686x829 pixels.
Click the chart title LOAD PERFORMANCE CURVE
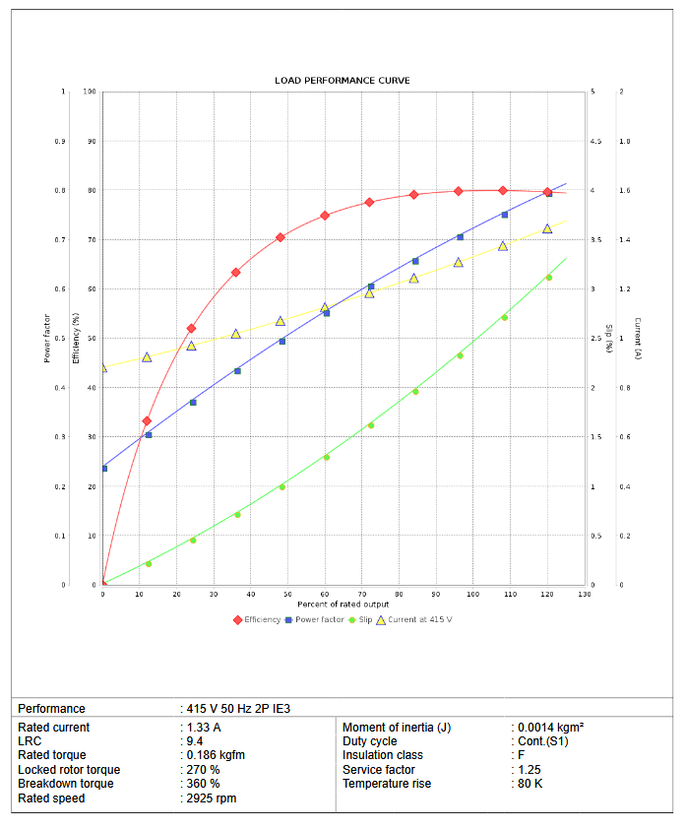(343, 80)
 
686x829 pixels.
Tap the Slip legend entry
(364, 619)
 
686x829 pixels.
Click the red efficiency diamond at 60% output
(325, 215)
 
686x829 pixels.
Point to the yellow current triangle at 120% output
(547, 228)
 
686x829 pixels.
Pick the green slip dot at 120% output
(548, 277)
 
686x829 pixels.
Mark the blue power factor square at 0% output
(104, 468)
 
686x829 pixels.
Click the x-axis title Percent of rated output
(343, 603)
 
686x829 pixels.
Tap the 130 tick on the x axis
(585, 594)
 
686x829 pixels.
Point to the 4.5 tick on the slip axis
(595, 141)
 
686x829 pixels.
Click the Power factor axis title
(46, 338)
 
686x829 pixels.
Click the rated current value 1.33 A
(204, 728)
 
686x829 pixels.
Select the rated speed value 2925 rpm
(211, 798)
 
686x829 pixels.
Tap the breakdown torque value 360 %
(203, 784)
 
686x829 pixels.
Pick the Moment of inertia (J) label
(397, 728)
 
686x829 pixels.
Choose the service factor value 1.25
(529, 770)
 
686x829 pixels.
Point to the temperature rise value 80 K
(530, 784)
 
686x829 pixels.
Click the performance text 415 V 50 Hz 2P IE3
(238, 708)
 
